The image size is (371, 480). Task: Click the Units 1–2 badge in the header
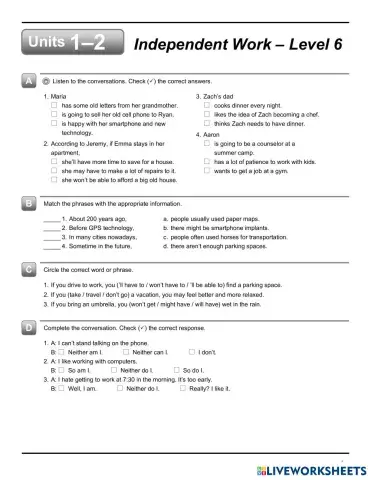(69, 41)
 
